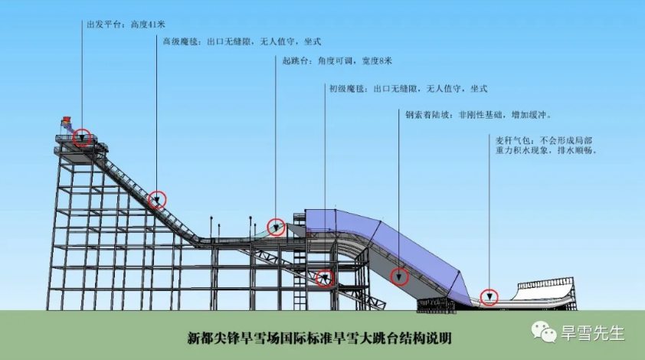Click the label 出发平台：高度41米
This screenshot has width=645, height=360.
pyautogui.click(x=126, y=23)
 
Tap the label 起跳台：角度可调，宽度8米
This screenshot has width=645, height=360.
pyautogui.click(x=333, y=61)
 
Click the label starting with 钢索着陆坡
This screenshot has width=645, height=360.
pyautogui.click(x=480, y=115)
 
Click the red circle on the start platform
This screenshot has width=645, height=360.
pyautogui.click(x=83, y=138)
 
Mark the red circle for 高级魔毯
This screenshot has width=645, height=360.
pyautogui.click(x=157, y=200)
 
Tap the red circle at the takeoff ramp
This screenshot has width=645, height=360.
pyautogui.click(x=276, y=227)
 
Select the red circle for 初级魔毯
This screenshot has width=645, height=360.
pyautogui.click(x=326, y=277)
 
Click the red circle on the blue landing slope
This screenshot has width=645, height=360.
pyautogui.click(x=398, y=277)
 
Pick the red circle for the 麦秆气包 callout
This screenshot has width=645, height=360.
pyautogui.click(x=489, y=297)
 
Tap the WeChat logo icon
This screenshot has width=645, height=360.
pyautogui.click(x=545, y=332)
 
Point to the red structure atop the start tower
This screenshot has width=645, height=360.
pyautogui.click(x=67, y=121)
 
